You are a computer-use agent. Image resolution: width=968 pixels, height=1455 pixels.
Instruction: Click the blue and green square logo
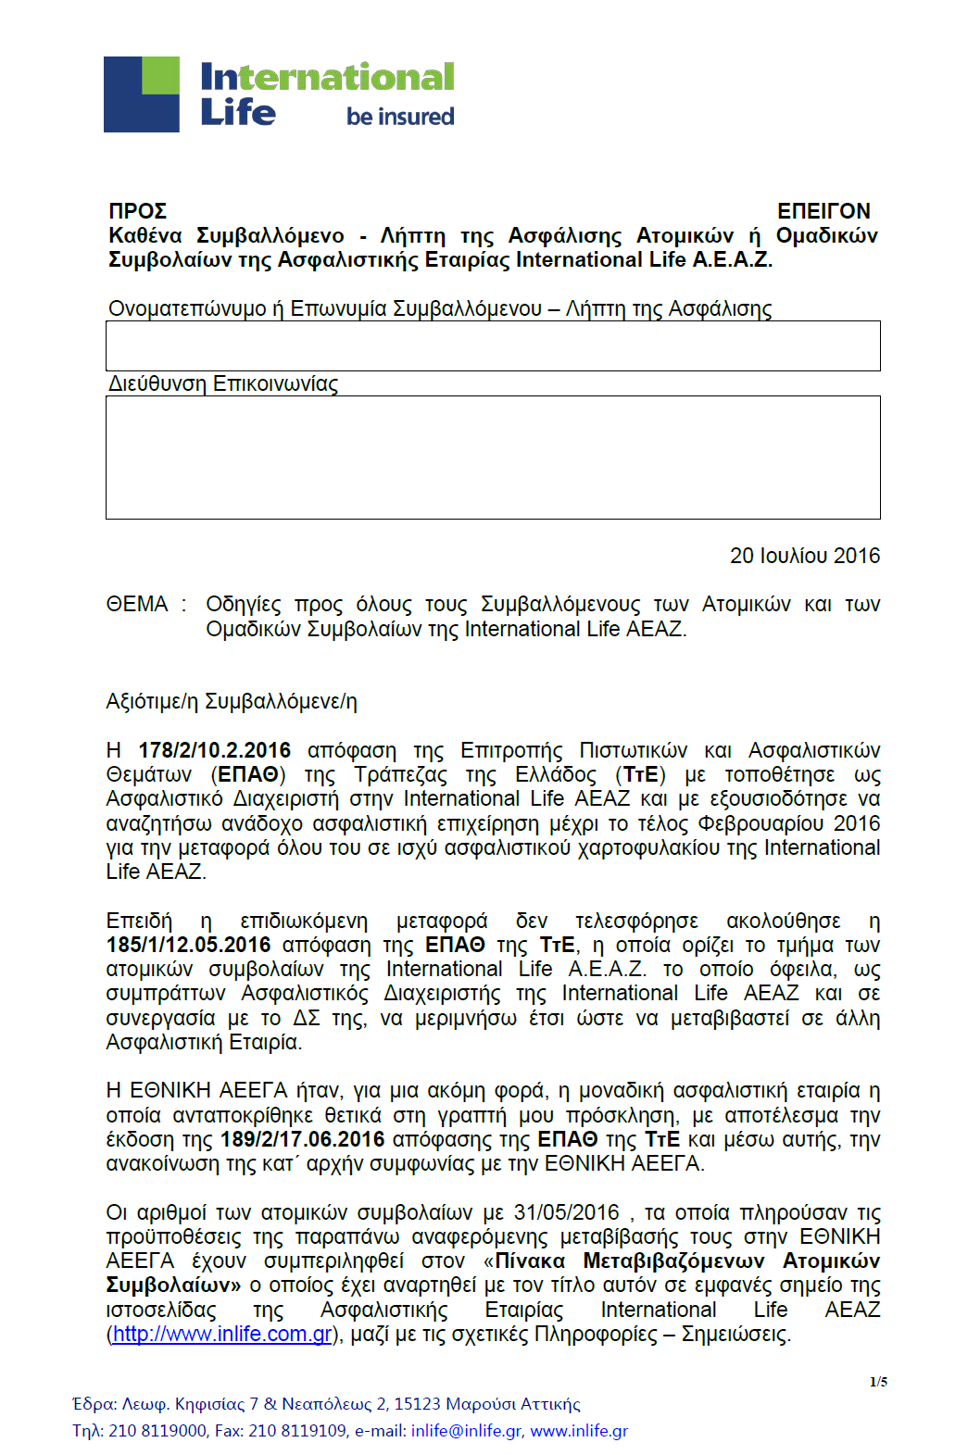point(142,94)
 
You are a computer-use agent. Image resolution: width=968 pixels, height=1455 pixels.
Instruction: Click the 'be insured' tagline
point(400,117)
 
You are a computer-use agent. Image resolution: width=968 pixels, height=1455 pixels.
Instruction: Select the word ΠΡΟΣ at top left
point(137,211)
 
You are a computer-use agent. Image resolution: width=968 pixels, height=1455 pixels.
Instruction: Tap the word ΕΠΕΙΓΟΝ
point(823,211)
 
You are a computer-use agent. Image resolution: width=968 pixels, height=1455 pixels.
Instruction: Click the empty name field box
point(493,346)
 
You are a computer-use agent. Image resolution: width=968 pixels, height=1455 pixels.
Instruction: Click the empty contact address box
point(493,458)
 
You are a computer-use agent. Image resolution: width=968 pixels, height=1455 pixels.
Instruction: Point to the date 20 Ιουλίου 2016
point(804,556)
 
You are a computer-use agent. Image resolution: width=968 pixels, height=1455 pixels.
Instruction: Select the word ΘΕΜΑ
point(137,605)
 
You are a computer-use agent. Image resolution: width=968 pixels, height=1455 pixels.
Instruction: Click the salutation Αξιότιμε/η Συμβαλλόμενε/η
point(232,701)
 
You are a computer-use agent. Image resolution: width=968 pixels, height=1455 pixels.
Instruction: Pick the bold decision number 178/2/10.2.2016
point(215,750)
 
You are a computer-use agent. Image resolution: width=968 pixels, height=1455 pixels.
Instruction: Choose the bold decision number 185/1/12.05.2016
point(189,945)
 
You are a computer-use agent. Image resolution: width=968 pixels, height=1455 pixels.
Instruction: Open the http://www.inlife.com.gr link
point(222,1334)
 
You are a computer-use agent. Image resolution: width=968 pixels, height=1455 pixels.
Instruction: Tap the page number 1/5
point(878,1382)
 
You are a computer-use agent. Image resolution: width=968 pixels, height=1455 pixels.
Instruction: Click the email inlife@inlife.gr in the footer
point(466,1431)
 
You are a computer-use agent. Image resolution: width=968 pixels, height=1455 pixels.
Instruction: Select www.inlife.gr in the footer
point(579,1431)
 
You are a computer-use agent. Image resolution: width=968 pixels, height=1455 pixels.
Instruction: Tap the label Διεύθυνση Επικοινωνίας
point(223,383)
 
